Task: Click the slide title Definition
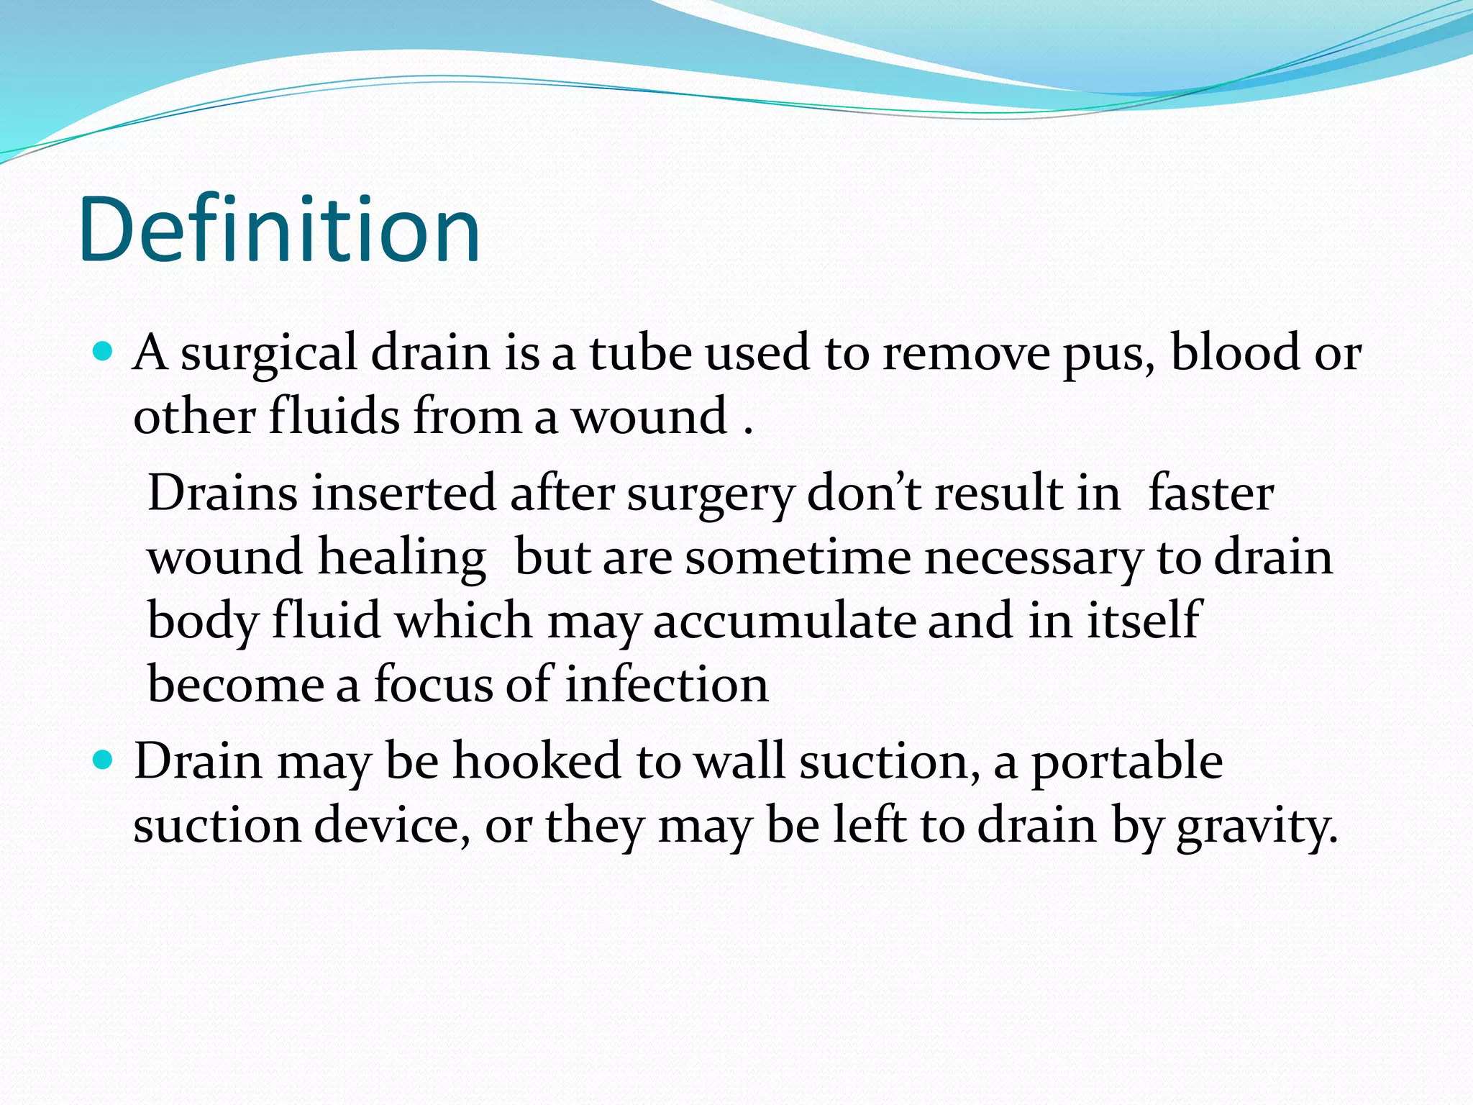pyautogui.click(x=279, y=230)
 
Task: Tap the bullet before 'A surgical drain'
pyautogui.click(x=104, y=353)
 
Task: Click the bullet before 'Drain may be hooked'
pyautogui.click(x=104, y=760)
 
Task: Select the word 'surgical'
pyautogui.click(x=268, y=355)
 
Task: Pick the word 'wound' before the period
pyautogui.click(x=649, y=417)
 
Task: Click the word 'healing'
pyautogui.click(x=402, y=558)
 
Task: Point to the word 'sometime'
pyautogui.click(x=798, y=558)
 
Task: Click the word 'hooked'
pyautogui.click(x=537, y=761)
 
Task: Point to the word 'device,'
pyautogui.click(x=392, y=825)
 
